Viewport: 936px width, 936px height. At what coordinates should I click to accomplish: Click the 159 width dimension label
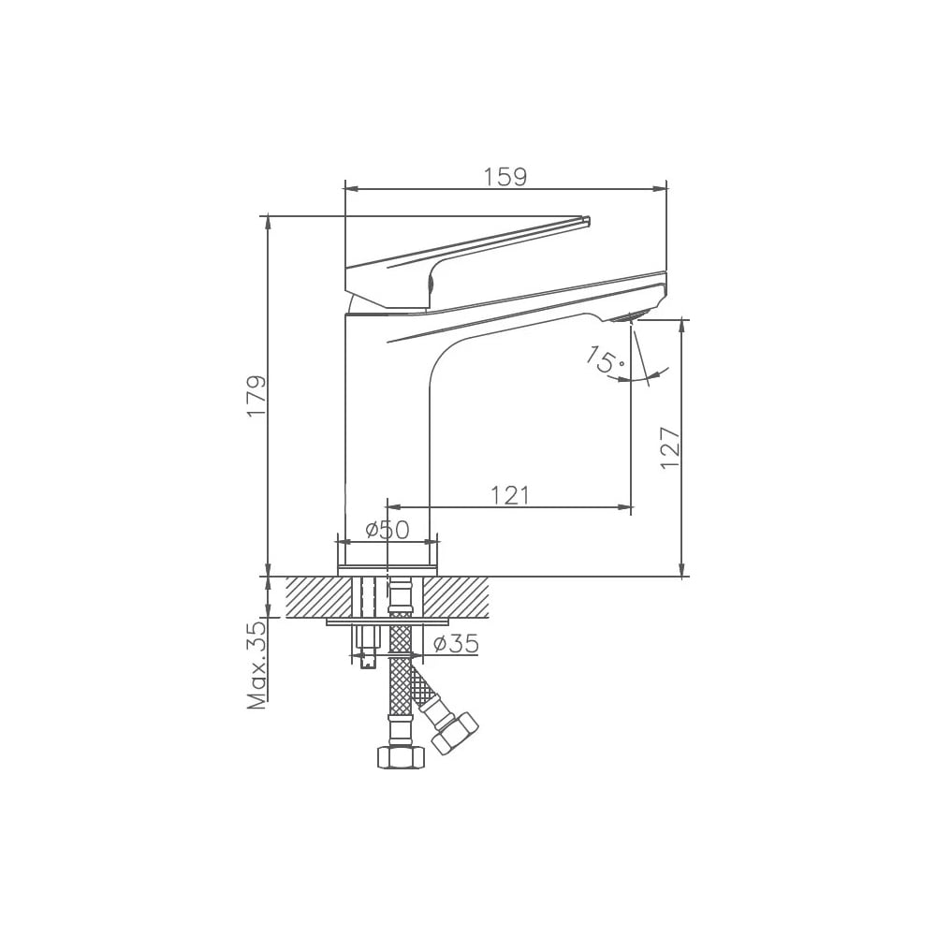pyautogui.click(x=505, y=177)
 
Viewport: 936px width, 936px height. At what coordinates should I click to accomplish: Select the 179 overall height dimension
pyautogui.click(x=256, y=396)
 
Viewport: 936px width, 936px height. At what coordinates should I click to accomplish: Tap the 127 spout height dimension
pyautogui.click(x=670, y=447)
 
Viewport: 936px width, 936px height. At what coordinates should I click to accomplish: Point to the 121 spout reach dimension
pyautogui.click(x=510, y=495)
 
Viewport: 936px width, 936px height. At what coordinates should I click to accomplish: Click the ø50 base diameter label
pyautogui.click(x=388, y=529)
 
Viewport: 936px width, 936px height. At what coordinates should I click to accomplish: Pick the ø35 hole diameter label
pyautogui.click(x=456, y=643)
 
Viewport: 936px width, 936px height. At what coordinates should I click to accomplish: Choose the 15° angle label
pyautogui.click(x=605, y=360)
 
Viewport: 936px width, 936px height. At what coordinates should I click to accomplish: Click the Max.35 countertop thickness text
pyautogui.click(x=257, y=665)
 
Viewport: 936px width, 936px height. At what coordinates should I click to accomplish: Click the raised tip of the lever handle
pyautogui.click(x=586, y=220)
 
